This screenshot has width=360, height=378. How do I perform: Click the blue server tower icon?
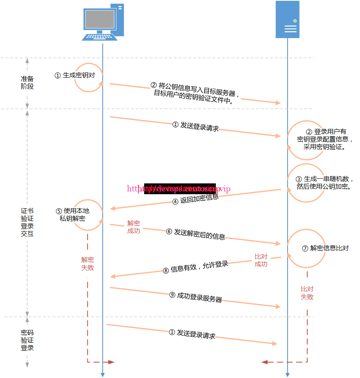tap(288, 20)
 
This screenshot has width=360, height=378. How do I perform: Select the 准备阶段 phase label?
tap(27, 82)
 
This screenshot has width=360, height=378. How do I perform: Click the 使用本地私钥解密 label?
tap(72, 215)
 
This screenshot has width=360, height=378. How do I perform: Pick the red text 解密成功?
tap(133, 227)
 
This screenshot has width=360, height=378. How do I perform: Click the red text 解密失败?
tap(87, 263)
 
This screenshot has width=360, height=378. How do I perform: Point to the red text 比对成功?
tap(261, 260)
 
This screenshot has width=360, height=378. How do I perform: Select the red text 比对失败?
tap(307, 293)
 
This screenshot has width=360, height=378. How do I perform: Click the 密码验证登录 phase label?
tap(27, 340)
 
